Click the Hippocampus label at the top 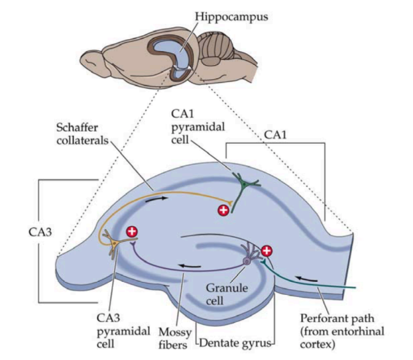(x=231, y=17)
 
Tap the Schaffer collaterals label (x=82, y=134)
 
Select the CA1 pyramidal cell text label (x=198, y=127)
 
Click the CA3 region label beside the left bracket (x=40, y=232)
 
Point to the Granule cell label (x=227, y=294)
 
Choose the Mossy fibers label (x=175, y=338)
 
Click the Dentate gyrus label (x=235, y=343)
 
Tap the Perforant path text (x=337, y=319)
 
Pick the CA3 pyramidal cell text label (x=123, y=331)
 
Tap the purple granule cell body (x=247, y=261)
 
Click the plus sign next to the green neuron (x=223, y=210)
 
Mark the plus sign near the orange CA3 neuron (x=132, y=231)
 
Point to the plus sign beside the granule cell (x=266, y=251)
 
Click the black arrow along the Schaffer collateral (x=156, y=200)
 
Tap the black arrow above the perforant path (x=306, y=278)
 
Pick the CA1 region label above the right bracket (x=275, y=135)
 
